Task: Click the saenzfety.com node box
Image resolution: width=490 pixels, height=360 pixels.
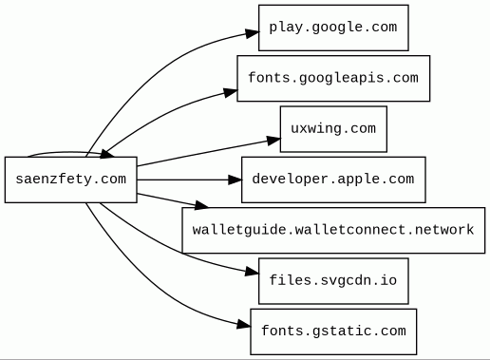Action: click(71, 180)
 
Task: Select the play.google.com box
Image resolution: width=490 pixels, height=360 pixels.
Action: click(333, 28)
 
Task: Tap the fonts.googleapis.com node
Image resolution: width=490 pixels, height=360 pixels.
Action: click(333, 78)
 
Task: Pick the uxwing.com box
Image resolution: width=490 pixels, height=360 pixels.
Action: click(333, 129)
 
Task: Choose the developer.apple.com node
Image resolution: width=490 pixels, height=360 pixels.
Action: click(333, 180)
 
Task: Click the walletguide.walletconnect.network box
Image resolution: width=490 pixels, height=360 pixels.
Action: click(333, 230)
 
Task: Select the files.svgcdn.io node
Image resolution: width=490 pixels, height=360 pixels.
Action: click(333, 281)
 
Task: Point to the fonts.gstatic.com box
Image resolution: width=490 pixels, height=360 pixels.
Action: click(333, 332)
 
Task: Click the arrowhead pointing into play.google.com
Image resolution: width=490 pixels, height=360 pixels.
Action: click(253, 33)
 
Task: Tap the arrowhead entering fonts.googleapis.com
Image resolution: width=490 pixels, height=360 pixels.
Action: click(231, 92)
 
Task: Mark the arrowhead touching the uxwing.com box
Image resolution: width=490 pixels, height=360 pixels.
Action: click(273, 141)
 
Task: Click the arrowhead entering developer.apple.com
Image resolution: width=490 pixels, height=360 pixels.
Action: click(236, 180)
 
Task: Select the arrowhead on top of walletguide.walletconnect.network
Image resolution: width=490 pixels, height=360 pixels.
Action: click(201, 205)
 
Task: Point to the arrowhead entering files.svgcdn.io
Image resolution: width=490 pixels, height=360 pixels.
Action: click(253, 272)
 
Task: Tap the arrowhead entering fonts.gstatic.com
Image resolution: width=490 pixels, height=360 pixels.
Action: click(244, 325)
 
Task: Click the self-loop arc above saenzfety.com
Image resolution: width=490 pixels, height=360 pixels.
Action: click(70, 153)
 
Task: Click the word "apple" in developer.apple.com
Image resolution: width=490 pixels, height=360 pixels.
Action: click(351, 180)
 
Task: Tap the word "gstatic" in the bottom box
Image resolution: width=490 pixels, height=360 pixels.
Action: click(342, 332)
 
